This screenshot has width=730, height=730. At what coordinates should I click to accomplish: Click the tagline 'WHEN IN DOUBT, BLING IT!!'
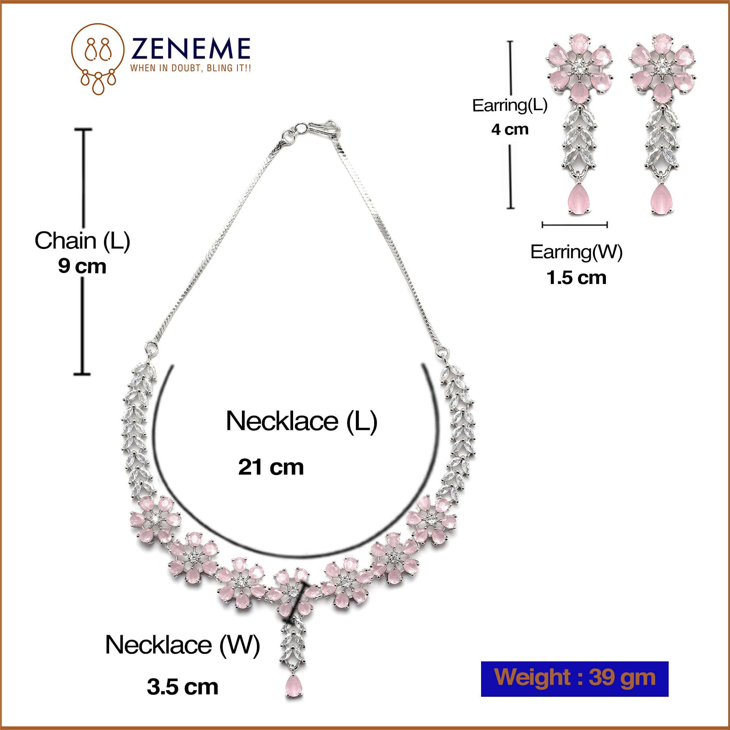[x=191, y=68]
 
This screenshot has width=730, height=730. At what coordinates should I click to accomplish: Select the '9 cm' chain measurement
[x=82, y=266]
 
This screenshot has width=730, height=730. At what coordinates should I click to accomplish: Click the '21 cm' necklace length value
[x=270, y=467]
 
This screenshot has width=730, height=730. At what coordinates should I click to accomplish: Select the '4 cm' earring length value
[x=510, y=130]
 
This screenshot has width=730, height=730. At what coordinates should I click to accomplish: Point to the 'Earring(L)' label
[x=510, y=105]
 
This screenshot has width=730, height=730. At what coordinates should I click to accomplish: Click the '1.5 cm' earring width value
[x=576, y=278]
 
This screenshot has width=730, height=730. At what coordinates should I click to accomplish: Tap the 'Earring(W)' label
[x=576, y=252]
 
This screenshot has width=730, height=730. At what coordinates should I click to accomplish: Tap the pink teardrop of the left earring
[x=579, y=199]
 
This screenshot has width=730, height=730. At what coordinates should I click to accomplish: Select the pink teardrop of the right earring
[x=662, y=199]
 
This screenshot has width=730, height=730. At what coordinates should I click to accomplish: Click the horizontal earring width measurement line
[x=574, y=225]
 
